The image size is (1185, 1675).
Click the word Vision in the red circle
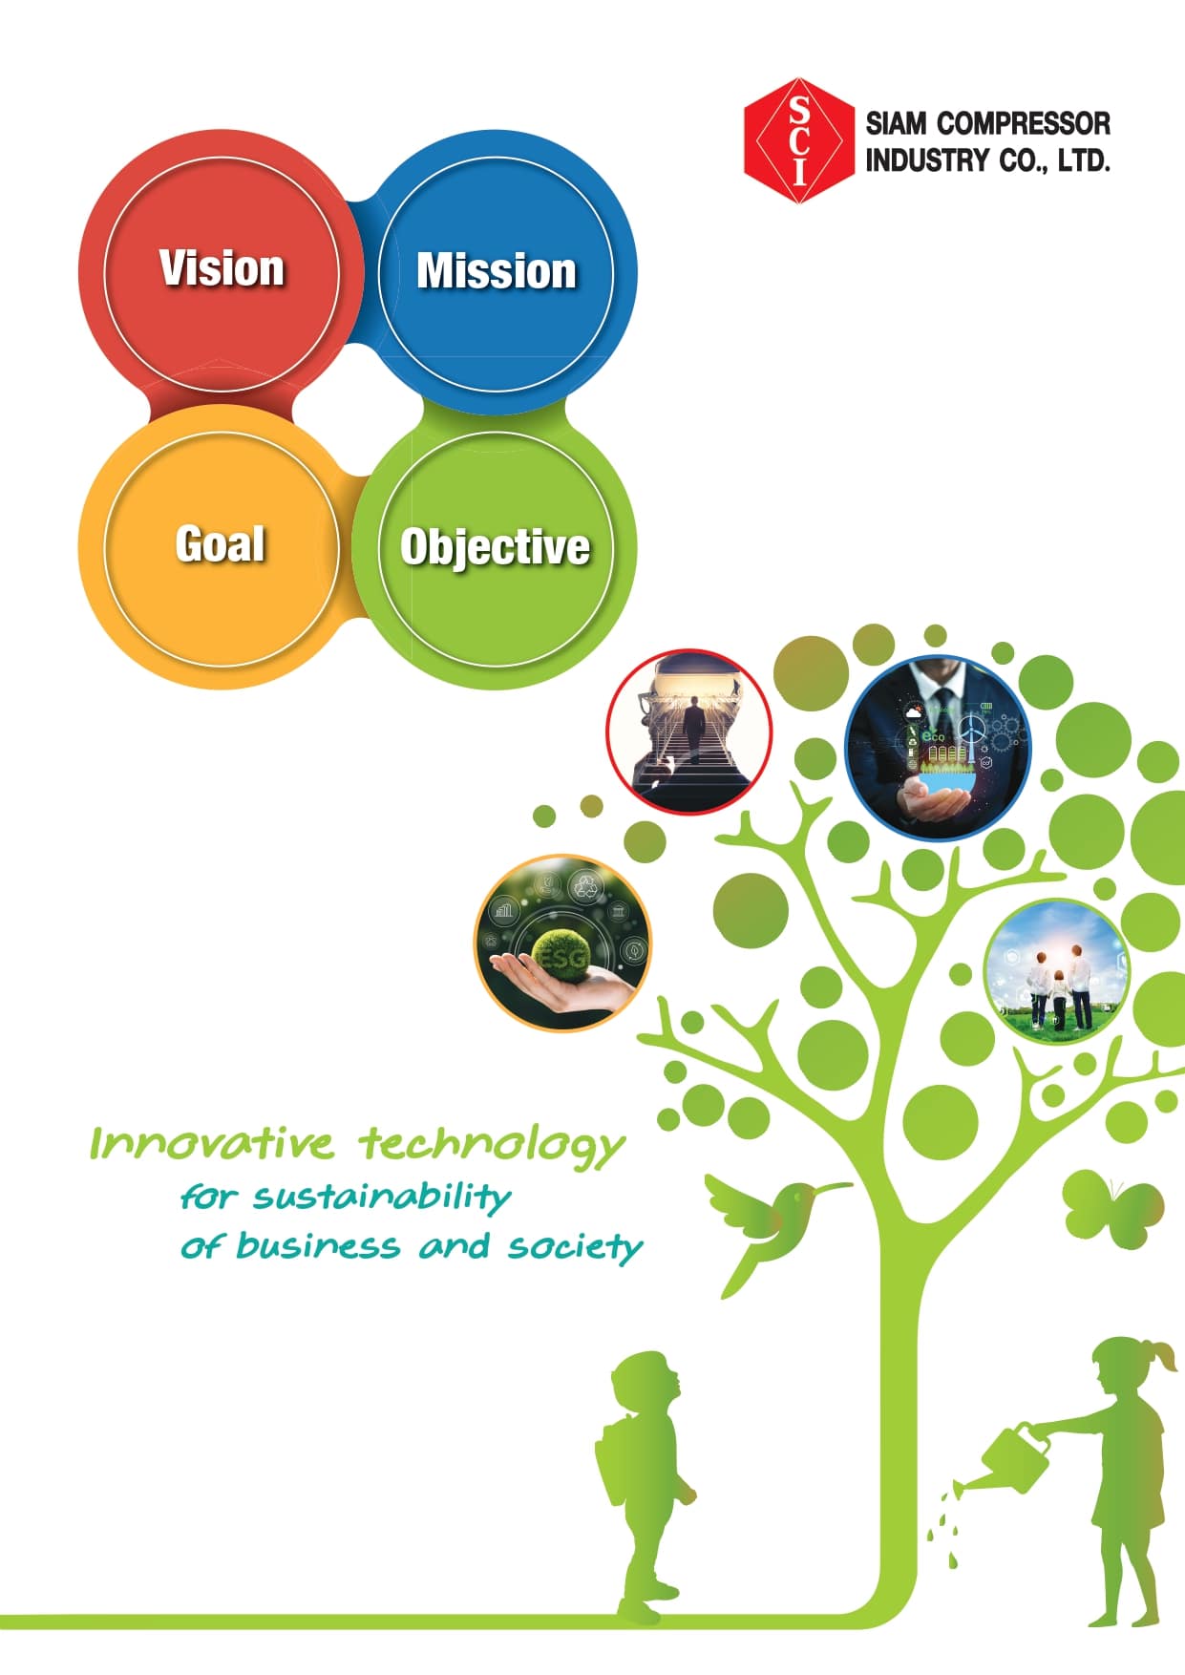[222, 268]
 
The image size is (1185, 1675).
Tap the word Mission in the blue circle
[497, 271]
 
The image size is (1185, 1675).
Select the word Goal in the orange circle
[221, 544]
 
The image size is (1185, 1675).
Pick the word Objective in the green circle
[495, 548]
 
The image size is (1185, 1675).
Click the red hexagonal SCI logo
[799, 141]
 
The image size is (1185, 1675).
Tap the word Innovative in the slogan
[212, 1142]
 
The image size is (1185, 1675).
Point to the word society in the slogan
[575, 1247]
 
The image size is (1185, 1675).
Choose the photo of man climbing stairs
[689, 732]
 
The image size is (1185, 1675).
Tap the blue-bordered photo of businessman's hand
[938, 748]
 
